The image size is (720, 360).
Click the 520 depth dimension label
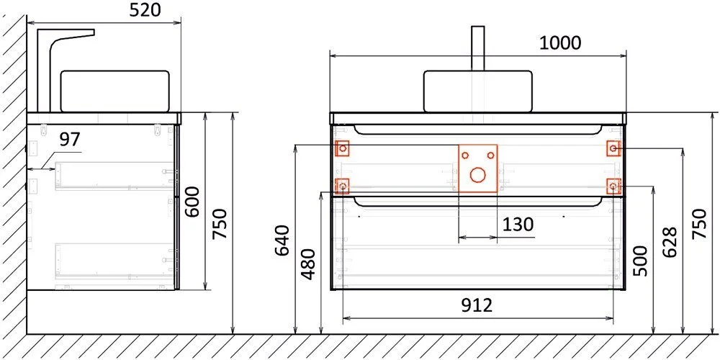145,10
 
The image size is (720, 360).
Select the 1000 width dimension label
559,42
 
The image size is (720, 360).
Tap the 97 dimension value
69,139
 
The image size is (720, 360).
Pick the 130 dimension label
518,225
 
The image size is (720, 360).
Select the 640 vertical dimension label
282,240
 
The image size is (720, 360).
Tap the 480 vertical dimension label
309,264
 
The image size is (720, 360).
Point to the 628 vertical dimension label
670,243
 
